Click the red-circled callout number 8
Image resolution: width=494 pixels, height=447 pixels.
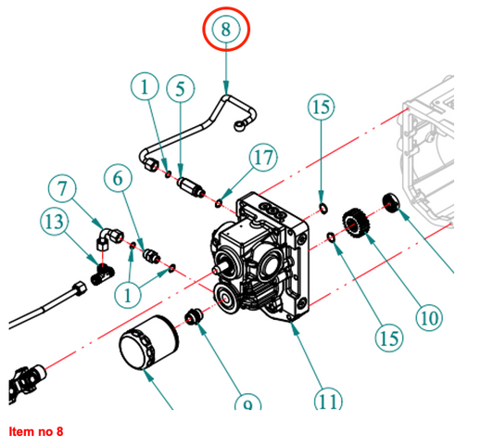point(226,30)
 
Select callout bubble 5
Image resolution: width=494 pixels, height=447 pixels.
point(179,89)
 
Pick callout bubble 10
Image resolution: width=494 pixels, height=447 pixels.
point(427,319)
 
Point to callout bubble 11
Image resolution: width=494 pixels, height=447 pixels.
point(326,402)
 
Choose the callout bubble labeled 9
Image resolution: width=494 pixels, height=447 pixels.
point(247,404)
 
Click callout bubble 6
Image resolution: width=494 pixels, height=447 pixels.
point(118,178)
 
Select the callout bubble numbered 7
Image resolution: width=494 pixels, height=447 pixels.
point(62,190)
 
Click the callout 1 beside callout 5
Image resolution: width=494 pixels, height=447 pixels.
point(146,89)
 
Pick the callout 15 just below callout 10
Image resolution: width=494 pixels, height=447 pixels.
point(390,337)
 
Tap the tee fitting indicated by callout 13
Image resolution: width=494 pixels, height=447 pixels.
point(102,273)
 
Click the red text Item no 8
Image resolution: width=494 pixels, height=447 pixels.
point(35,432)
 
